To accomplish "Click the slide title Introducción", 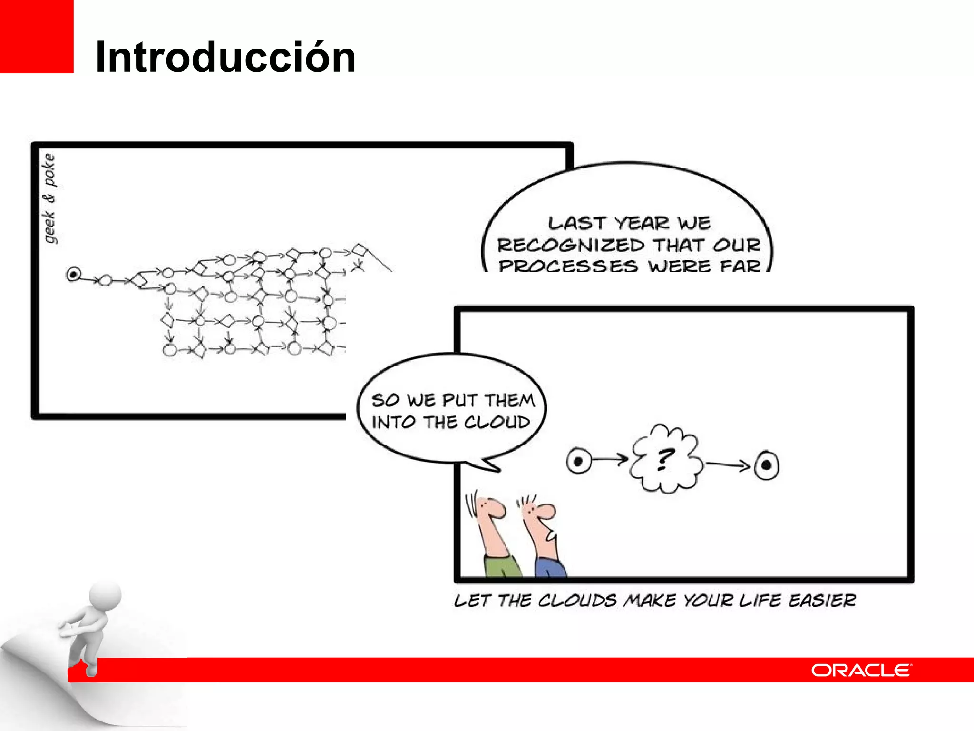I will (225, 57).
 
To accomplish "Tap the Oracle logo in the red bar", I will (861, 670).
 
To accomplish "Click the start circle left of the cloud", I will (578, 461).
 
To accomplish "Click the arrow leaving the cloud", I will (728, 464).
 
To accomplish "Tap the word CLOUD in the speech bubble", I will (497, 422).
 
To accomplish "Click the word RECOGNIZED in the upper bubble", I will (571, 245).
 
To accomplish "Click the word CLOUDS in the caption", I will (577, 600).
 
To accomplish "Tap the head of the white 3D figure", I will (106, 595).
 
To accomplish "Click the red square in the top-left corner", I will (37, 36).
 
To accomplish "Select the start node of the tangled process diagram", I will (73, 274).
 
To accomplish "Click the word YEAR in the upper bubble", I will (642, 223).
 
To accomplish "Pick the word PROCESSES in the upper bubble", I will (568, 266).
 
